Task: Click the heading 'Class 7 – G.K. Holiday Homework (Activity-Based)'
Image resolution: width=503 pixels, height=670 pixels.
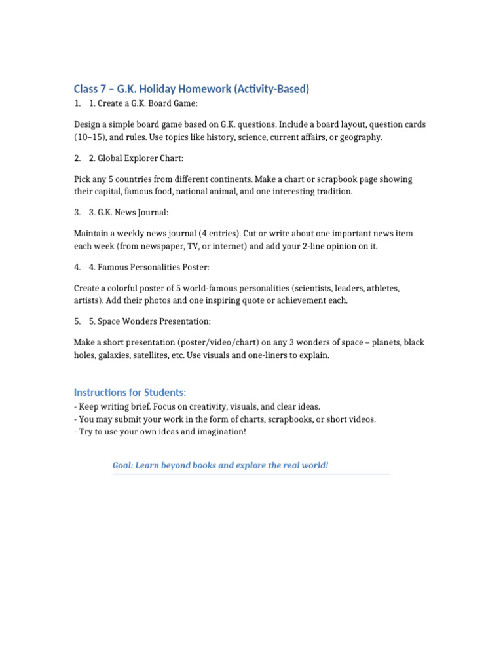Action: click(x=191, y=89)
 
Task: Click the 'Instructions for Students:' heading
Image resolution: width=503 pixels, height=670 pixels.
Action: click(x=130, y=392)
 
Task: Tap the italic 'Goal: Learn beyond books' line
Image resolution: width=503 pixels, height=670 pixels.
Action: click(x=220, y=465)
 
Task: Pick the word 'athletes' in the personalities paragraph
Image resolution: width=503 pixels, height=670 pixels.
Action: click(x=383, y=288)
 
